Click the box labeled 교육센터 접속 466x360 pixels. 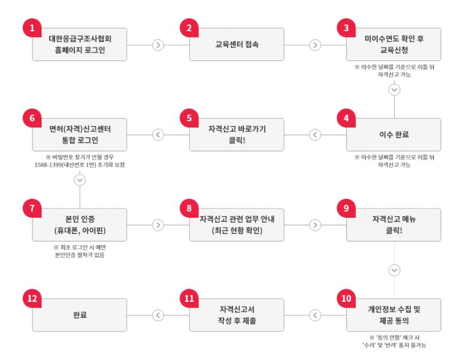237,45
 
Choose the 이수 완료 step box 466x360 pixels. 394,135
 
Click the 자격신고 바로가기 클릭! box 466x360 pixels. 237,135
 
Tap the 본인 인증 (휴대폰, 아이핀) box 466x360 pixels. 80,225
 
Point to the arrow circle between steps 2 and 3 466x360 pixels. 316,45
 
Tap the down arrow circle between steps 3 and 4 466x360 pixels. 395,90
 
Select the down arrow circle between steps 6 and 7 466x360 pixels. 80,179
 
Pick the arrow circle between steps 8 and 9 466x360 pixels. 316,225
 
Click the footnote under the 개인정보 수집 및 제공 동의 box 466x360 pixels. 395,341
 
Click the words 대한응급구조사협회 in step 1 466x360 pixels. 80,39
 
